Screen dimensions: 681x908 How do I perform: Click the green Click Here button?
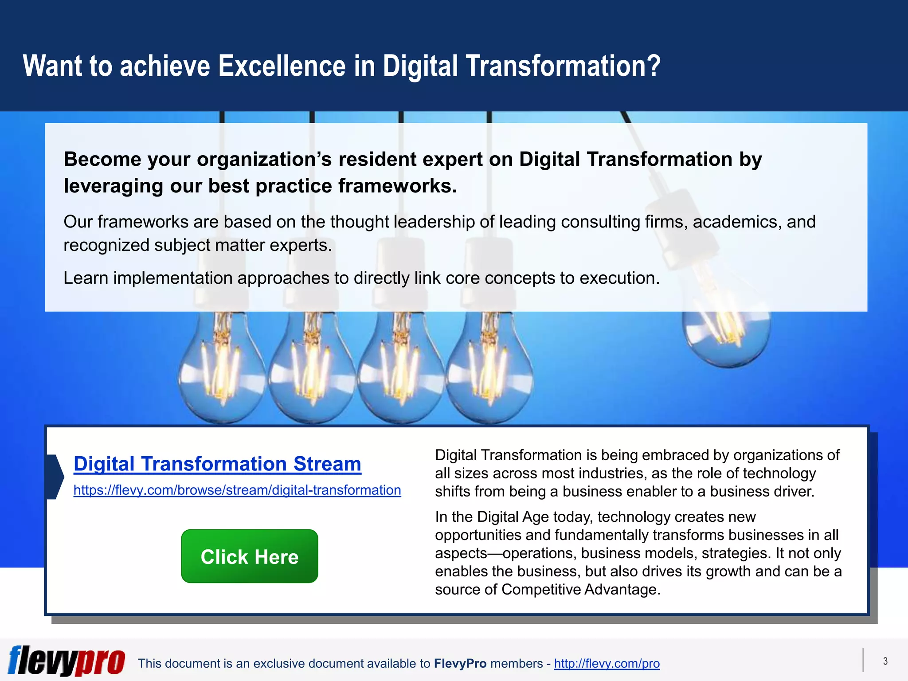250,556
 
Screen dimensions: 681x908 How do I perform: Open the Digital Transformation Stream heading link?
217,464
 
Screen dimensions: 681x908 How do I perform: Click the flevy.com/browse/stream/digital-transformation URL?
237,490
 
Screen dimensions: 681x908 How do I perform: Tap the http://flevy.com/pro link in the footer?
607,663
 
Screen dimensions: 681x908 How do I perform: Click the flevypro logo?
67,661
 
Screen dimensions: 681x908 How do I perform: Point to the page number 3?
885,661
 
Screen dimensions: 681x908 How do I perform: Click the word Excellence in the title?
282,67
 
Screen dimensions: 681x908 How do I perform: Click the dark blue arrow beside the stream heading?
55,477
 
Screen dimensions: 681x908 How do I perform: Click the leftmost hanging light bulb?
222,368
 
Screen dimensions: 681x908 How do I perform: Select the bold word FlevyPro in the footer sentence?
460,663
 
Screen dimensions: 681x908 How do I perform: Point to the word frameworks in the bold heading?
397,186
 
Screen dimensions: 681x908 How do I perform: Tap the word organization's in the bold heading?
264,159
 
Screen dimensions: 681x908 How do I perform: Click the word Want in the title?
52,67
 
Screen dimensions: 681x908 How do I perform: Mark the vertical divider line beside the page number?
863,660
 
